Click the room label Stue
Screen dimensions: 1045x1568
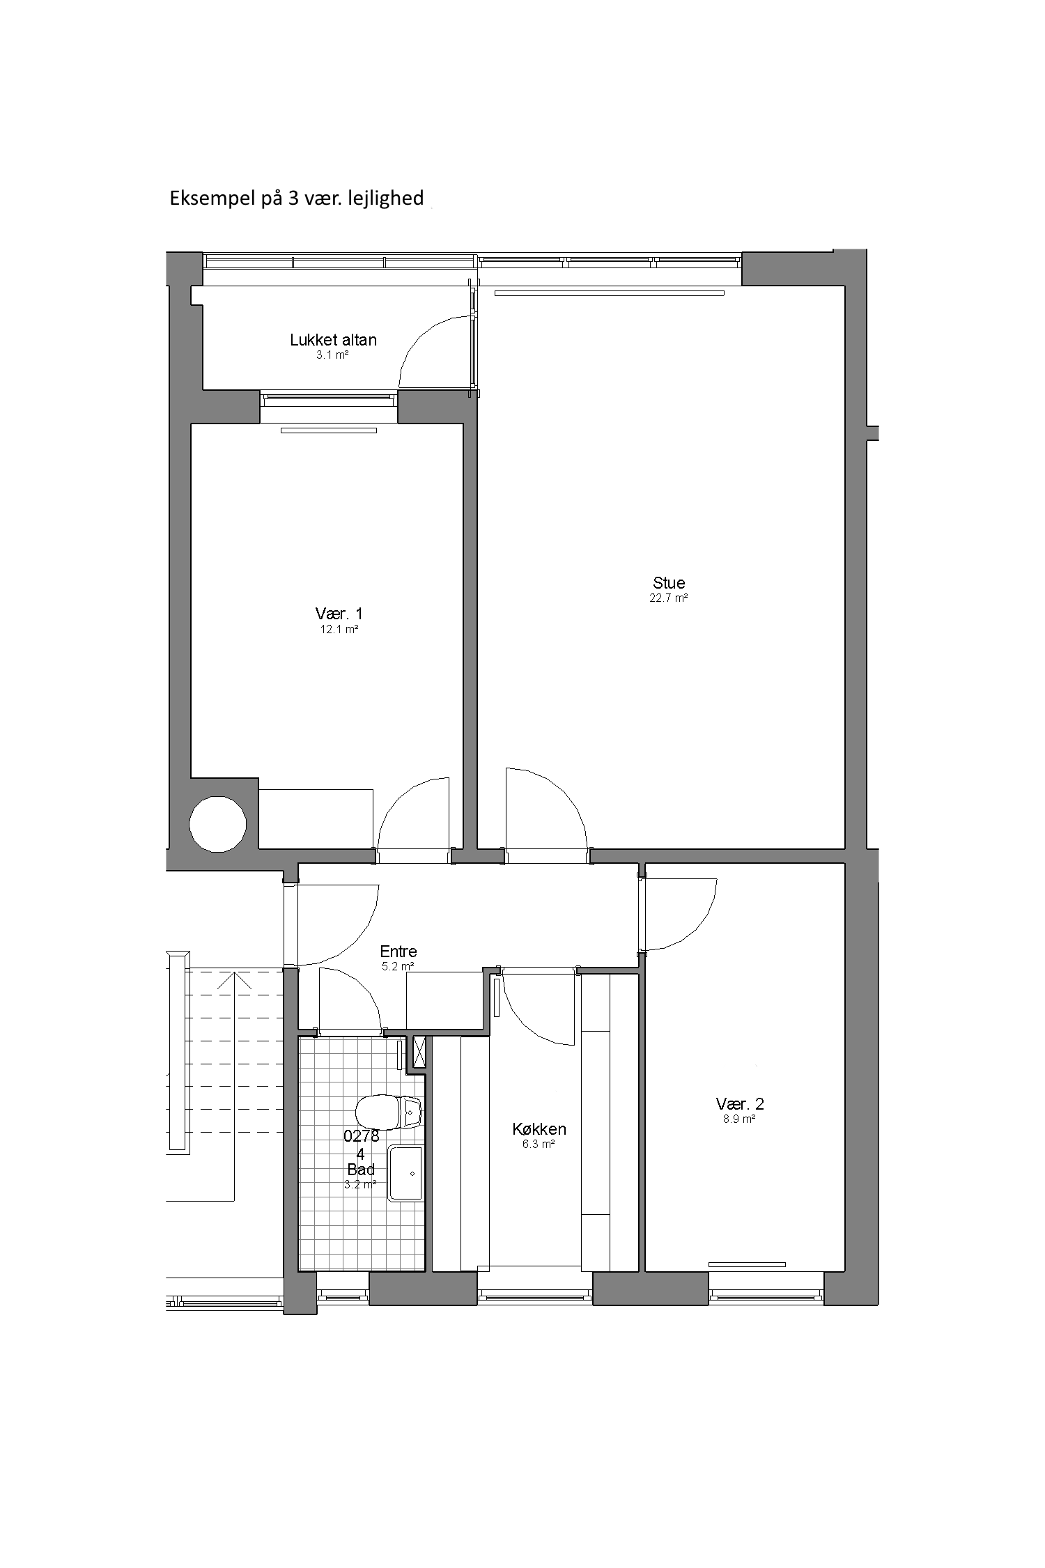(669, 582)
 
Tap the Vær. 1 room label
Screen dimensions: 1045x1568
(339, 614)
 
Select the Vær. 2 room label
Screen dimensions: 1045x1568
(740, 1103)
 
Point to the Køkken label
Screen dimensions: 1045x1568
(539, 1129)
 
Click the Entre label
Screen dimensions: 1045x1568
(398, 951)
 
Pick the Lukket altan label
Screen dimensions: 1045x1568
(333, 340)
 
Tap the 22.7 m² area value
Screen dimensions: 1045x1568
(669, 598)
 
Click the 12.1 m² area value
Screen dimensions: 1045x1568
(339, 629)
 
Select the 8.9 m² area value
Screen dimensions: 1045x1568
(740, 1119)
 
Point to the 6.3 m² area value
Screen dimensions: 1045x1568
(539, 1144)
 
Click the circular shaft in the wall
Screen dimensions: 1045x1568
(217, 824)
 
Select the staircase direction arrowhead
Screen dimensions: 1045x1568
(235, 981)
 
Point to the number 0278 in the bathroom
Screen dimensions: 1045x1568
(362, 1136)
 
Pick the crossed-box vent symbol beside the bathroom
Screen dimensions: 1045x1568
(419, 1053)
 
